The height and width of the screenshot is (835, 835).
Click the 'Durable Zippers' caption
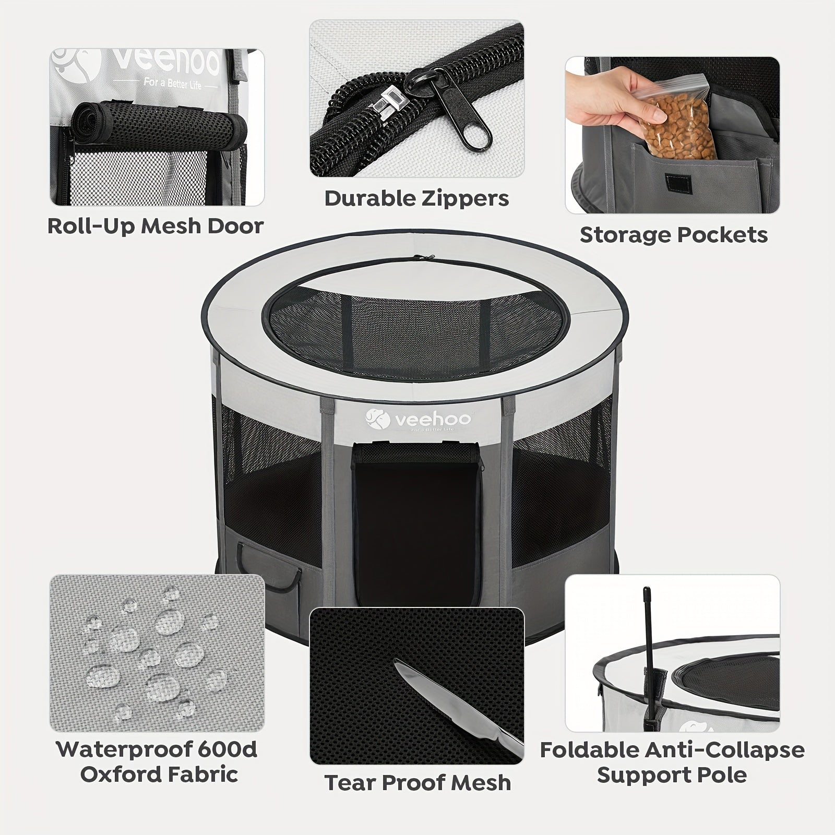(x=417, y=199)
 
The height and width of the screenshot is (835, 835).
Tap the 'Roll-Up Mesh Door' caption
(x=156, y=226)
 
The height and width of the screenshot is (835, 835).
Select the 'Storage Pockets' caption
(x=674, y=235)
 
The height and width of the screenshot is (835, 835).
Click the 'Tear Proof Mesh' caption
(x=417, y=783)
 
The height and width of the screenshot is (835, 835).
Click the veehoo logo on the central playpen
(x=417, y=419)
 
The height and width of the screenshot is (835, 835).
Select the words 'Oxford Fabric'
(x=159, y=774)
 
